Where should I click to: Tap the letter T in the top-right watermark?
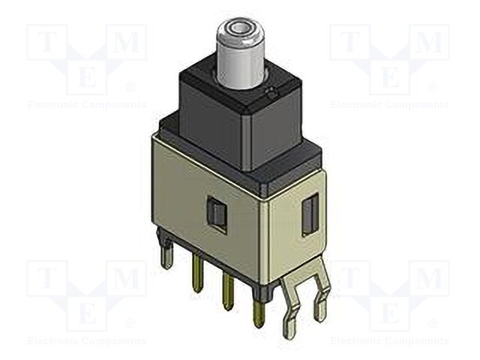pos(349,43)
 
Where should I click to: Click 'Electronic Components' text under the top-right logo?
pos(390,105)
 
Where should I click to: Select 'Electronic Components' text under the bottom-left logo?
pos(86,341)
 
